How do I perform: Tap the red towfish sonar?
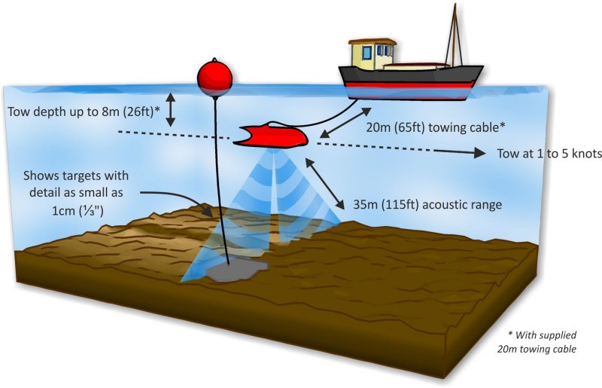(x=272, y=136)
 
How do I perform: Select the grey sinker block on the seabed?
(x=237, y=268)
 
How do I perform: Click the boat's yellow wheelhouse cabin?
(x=371, y=53)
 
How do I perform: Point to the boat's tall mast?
(x=455, y=35)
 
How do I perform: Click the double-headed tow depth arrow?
(x=171, y=110)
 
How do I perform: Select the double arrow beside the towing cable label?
(x=345, y=122)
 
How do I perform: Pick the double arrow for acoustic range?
(x=325, y=183)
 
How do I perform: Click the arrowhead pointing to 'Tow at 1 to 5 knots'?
(x=479, y=153)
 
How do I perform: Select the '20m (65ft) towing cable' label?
(x=436, y=127)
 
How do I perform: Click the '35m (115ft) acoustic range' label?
(x=427, y=204)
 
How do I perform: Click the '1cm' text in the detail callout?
(x=63, y=210)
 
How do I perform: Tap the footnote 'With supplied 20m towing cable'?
(x=537, y=342)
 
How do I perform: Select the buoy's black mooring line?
(x=221, y=181)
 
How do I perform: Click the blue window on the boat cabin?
(x=367, y=52)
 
